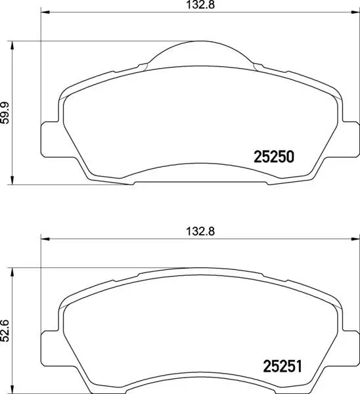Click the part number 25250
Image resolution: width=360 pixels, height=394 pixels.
point(273,158)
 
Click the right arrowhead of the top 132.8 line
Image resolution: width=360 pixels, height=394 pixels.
point(351,11)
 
